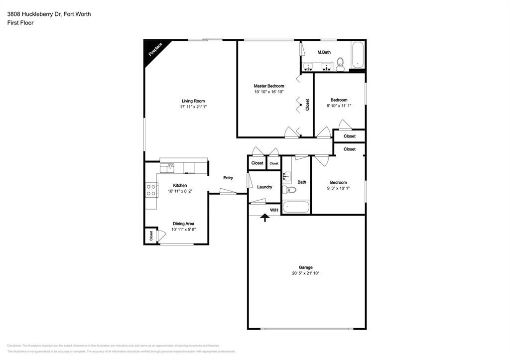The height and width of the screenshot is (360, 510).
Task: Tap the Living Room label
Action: coord(193,101)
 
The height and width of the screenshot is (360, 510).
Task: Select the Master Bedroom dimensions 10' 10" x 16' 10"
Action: coord(268,92)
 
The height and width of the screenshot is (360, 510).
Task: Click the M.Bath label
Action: coord(324,52)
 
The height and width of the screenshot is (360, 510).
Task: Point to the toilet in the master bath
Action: coord(341,64)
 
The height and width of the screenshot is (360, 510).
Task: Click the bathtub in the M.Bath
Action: coord(358,55)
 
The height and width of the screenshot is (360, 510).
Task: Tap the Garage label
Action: coord(306,267)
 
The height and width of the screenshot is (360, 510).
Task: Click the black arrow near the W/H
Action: coord(265,217)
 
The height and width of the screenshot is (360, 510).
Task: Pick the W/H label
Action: coord(274,210)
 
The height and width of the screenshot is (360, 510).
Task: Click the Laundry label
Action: coord(264,187)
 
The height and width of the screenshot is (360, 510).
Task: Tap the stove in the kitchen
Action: coord(150,190)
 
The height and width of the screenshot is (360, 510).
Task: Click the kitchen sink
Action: coord(171,166)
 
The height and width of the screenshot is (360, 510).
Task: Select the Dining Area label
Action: coord(183,224)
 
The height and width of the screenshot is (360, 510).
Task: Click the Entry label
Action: coord(228,178)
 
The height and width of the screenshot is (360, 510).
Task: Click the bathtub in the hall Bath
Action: coord(296,207)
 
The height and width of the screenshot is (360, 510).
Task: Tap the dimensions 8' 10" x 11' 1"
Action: coord(339,106)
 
